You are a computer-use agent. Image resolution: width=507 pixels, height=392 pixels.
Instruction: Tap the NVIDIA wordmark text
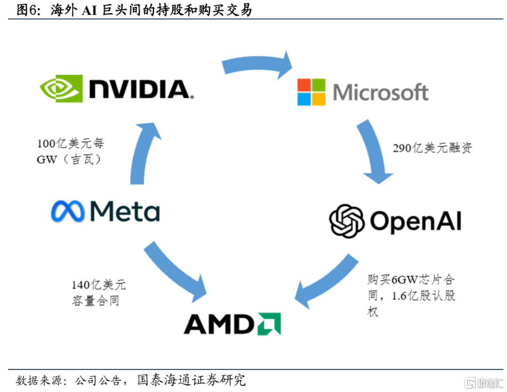click(139, 89)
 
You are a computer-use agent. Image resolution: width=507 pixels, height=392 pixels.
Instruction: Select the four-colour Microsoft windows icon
click(311, 92)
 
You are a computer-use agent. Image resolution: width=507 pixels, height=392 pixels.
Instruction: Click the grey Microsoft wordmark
click(381, 92)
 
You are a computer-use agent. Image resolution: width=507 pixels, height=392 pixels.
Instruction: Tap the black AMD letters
click(217, 324)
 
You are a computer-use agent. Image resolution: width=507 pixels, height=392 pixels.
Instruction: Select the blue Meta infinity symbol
click(68, 212)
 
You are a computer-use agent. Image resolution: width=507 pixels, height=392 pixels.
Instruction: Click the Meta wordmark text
click(125, 211)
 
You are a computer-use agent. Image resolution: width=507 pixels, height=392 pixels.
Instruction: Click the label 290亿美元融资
click(432, 149)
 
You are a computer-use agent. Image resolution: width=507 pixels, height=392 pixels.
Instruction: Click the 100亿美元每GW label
click(70, 151)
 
